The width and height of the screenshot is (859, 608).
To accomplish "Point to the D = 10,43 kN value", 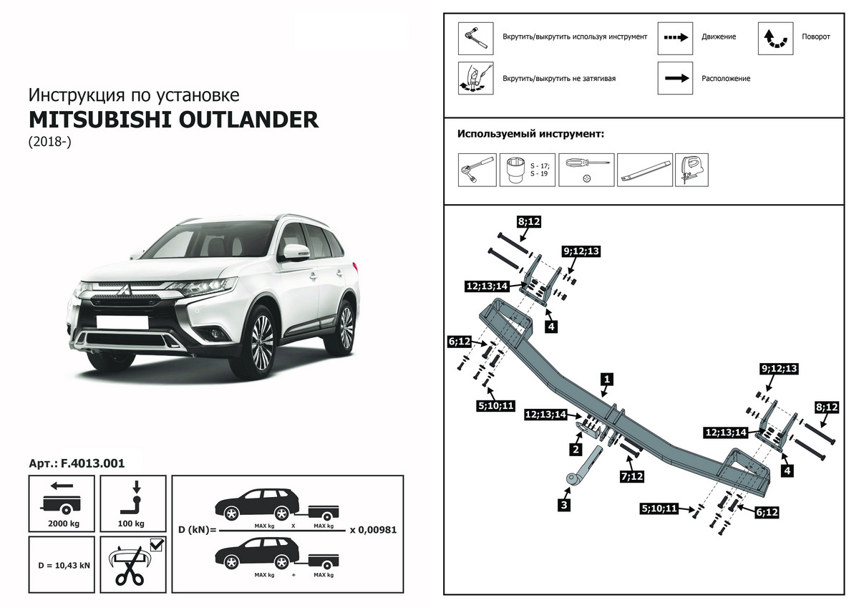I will pos(64,565).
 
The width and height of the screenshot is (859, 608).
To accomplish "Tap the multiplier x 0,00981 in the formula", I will pos(373,531).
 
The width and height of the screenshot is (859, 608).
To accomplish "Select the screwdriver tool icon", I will pos(586,169).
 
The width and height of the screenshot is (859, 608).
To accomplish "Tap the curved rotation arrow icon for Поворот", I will pos(776,37).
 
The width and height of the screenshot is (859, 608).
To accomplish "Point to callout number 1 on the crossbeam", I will pos(606,378).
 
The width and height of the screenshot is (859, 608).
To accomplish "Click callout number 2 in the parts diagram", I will pos(574,450).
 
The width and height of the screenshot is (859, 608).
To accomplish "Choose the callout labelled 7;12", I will pos(632,476).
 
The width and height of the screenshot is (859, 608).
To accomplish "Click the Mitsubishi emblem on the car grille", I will pos(122,290).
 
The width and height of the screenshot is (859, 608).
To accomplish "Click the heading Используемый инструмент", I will pos(530,134).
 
